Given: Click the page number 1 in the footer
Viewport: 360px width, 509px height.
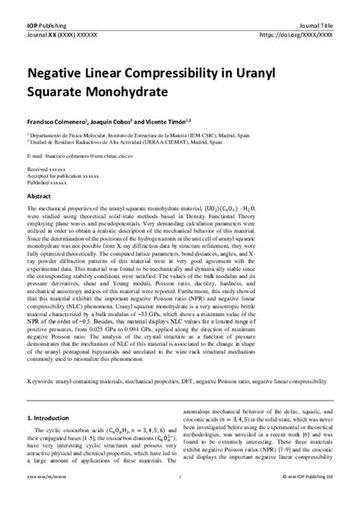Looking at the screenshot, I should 180,498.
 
